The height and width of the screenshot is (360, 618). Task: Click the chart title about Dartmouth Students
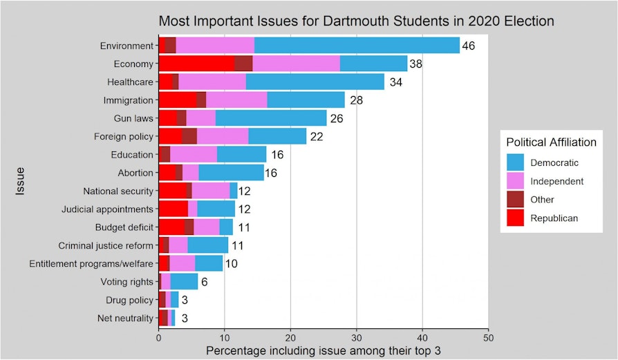[356, 21]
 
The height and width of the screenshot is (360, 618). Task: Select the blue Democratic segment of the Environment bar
[357, 46]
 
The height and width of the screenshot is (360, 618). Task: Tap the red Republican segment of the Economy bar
[196, 64]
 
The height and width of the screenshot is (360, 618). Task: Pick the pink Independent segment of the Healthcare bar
[212, 82]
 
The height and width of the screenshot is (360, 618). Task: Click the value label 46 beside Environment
[469, 46]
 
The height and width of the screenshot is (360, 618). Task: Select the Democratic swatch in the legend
[515, 163]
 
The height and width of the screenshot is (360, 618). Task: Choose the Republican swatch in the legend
[515, 218]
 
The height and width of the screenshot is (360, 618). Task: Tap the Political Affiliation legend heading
[551, 142]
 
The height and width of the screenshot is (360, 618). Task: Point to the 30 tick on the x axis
[357, 339]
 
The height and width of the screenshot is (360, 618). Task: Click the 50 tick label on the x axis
[488, 339]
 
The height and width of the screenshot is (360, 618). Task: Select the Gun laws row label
[133, 118]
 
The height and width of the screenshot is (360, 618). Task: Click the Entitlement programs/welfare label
[91, 263]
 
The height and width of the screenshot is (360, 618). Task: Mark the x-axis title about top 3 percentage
[324, 351]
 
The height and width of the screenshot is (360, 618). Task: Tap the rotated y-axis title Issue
[21, 182]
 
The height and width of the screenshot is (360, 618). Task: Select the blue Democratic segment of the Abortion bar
[231, 172]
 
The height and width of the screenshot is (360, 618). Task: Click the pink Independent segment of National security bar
[211, 191]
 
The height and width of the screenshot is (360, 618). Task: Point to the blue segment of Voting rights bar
[184, 281]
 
